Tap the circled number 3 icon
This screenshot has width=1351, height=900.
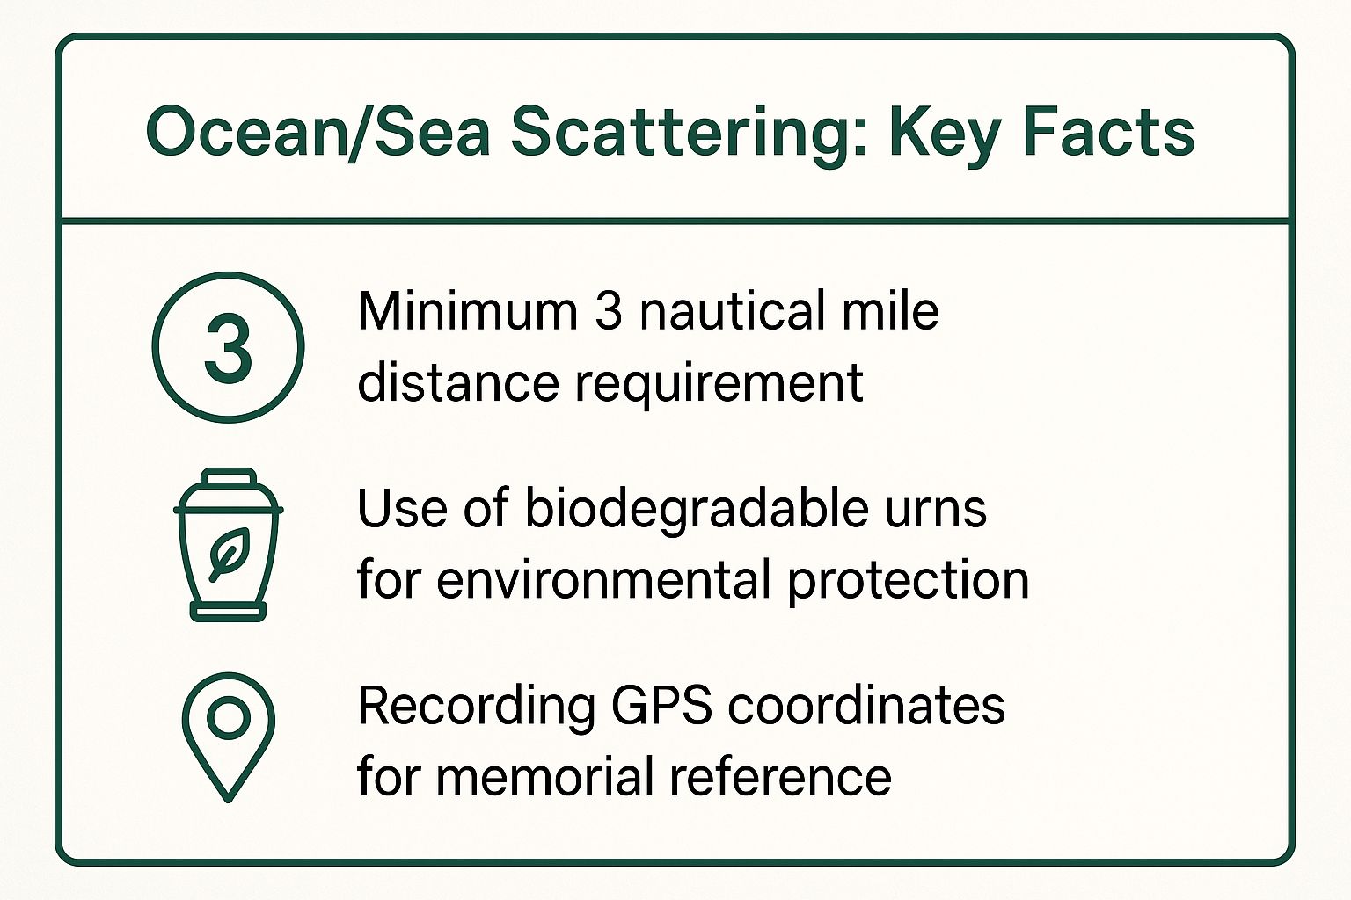pyautogui.click(x=228, y=347)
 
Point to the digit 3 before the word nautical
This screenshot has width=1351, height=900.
pyautogui.click(x=609, y=311)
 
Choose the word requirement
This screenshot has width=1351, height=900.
pyautogui.click(x=719, y=384)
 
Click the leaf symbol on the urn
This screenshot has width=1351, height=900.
pyautogui.click(x=228, y=554)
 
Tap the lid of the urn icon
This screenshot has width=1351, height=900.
pyautogui.click(x=228, y=482)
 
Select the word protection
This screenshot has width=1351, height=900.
pyautogui.click(x=908, y=581)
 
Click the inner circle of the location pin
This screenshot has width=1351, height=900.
pyautogui.click(x=228, y=717)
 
